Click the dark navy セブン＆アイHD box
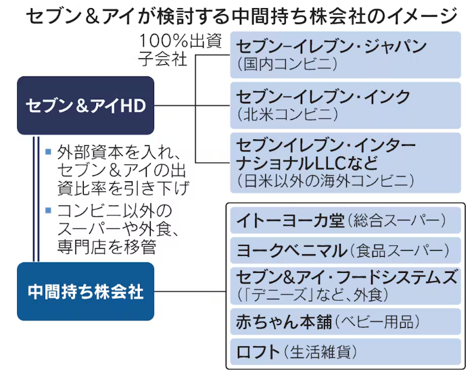86,105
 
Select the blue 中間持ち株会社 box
86,291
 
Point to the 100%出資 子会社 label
180,49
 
